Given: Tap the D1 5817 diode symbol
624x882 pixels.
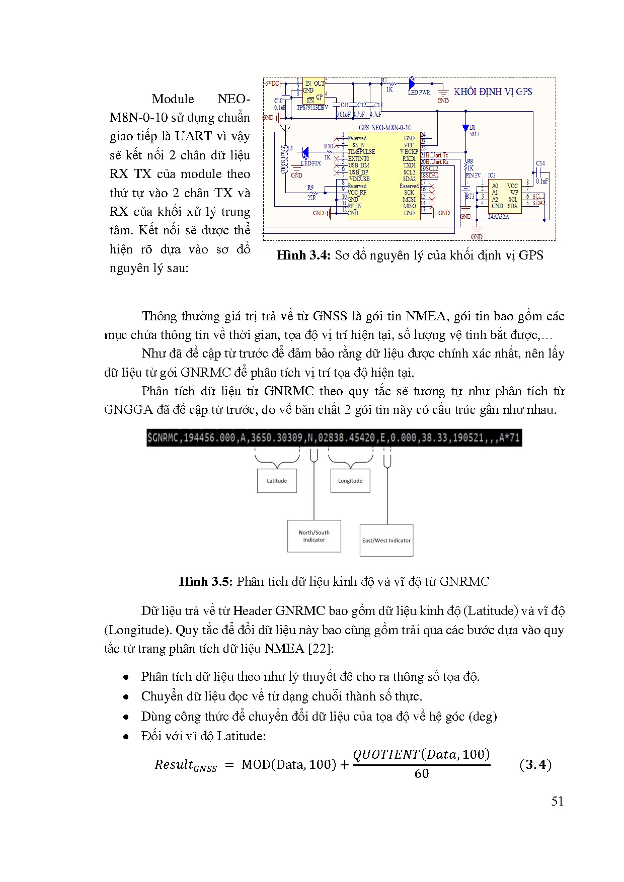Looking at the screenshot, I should tap(465, 128).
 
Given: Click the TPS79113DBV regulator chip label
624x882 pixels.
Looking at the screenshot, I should tap(312, 107).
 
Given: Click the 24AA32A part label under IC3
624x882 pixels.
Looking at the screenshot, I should tap(498, 217).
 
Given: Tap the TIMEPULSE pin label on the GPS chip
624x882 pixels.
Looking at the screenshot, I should tap(361, 151).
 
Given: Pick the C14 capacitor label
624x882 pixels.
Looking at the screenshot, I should tap(540, 163).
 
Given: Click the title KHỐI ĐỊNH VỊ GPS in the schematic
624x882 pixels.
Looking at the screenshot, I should tap(493, 92).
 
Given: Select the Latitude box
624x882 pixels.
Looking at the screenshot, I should tap(277, 481).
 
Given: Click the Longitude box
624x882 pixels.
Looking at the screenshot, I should tap(350, 481).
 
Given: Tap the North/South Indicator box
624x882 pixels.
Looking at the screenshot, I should tap(314, 536).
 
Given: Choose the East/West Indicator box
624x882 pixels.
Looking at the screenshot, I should tap(386, 541).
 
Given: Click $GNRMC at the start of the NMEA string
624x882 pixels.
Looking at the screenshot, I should tap(163, 438).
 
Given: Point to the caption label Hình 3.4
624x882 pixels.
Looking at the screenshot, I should tap(303, 255).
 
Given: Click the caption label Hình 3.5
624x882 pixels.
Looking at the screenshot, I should tap(206, 582).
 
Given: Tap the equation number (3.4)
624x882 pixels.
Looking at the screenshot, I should tap(535, 765).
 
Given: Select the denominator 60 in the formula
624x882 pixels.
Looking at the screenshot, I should tap(422, 774).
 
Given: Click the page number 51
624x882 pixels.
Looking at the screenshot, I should tap(557, 802).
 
